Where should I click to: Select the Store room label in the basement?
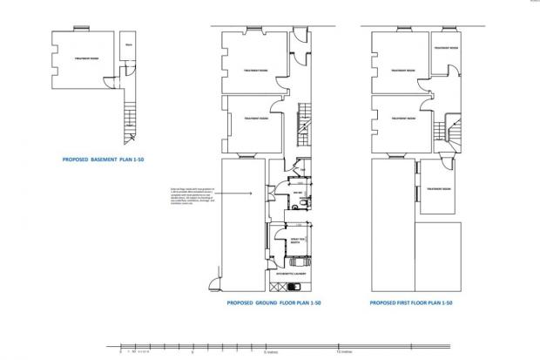128,44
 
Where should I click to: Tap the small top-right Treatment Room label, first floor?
443,49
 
